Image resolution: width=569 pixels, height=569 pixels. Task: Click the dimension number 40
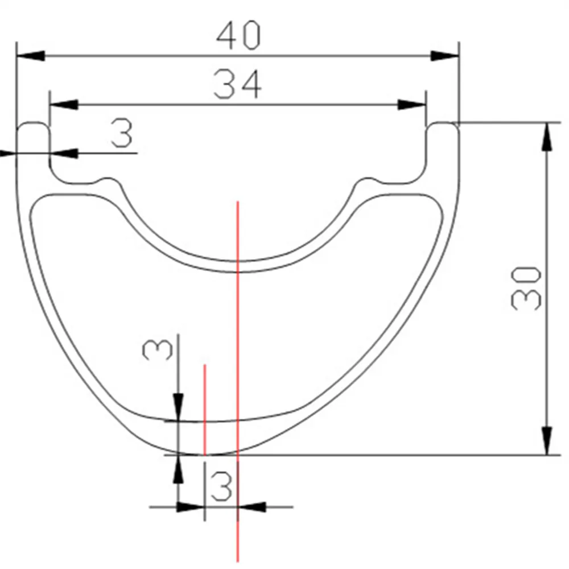(238, 35)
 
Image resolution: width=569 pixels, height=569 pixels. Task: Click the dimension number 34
(237, 84)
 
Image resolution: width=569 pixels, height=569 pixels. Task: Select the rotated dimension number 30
(526, 288)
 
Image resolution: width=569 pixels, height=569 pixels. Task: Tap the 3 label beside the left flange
(122, 134)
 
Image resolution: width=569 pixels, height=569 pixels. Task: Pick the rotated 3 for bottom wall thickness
(158, 349)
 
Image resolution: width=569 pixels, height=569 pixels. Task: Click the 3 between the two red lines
(221, 486)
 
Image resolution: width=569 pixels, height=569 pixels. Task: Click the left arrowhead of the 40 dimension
(31, 56)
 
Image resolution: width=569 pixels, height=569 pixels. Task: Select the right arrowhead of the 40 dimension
(445, 56)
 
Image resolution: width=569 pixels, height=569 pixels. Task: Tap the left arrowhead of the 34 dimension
(64, 105)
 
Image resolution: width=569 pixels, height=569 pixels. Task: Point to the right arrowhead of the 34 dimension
(411, 105)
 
